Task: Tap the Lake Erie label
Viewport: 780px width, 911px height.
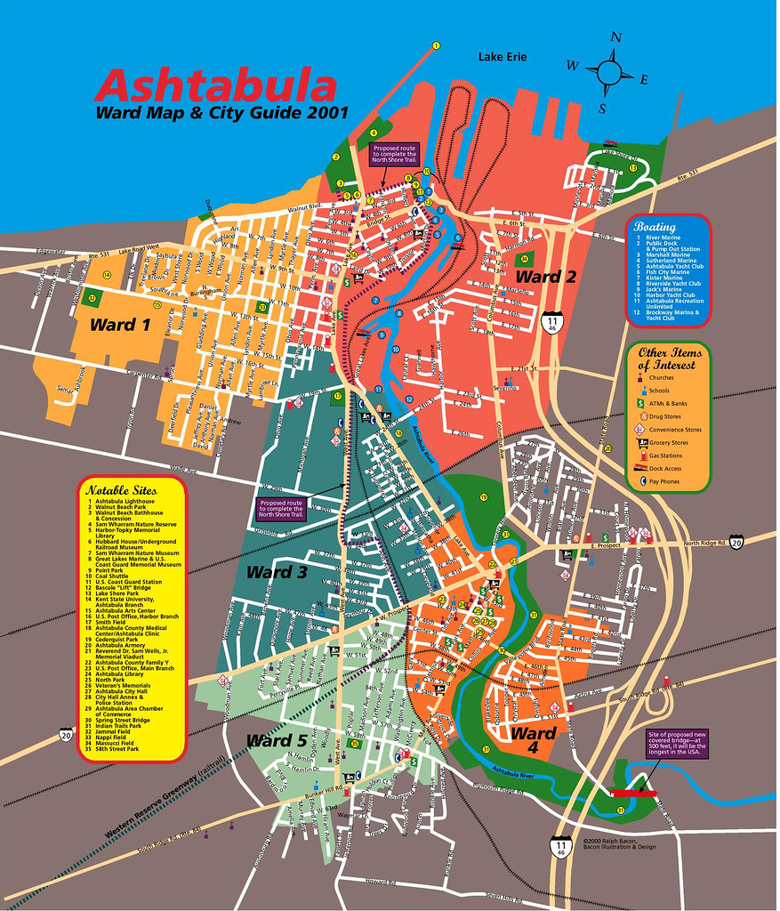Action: [503, 57]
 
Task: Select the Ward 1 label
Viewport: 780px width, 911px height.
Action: [119, 325]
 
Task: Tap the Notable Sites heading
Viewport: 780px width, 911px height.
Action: [121, 490]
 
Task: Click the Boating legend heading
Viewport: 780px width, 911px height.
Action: [655, 227]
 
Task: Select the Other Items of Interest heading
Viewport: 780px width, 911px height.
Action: [669, 359]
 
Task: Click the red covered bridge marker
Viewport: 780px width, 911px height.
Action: [632, 792]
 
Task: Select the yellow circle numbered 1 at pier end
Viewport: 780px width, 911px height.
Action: [436, 45]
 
